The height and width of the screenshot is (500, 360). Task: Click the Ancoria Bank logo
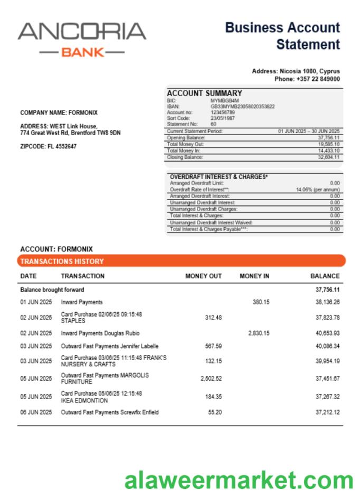82,39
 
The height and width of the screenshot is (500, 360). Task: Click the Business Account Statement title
282,36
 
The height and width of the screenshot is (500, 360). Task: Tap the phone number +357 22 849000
307,79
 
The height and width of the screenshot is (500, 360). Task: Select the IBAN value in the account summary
242,106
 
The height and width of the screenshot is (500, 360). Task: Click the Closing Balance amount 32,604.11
328,157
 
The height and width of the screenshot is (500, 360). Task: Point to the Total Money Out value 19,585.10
328,144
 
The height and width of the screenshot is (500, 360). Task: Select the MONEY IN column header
254,276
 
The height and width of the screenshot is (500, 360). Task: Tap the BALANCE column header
325,276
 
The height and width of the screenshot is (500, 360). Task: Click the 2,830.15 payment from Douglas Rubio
259,333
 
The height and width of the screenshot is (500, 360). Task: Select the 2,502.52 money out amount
211,379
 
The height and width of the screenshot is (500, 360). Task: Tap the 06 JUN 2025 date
36,412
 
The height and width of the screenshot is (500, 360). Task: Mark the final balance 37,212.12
327,412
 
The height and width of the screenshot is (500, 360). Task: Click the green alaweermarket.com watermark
239,480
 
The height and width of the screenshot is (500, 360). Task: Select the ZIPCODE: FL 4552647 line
48,147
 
